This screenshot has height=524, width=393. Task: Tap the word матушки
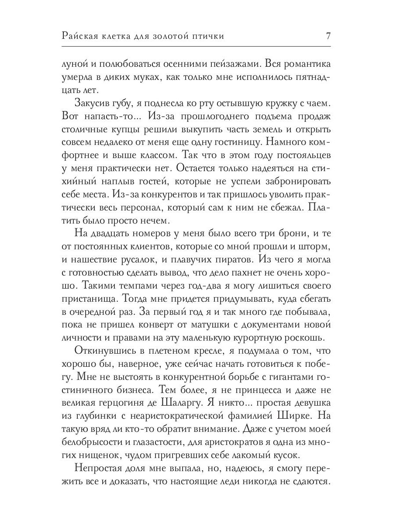point(227,326)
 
